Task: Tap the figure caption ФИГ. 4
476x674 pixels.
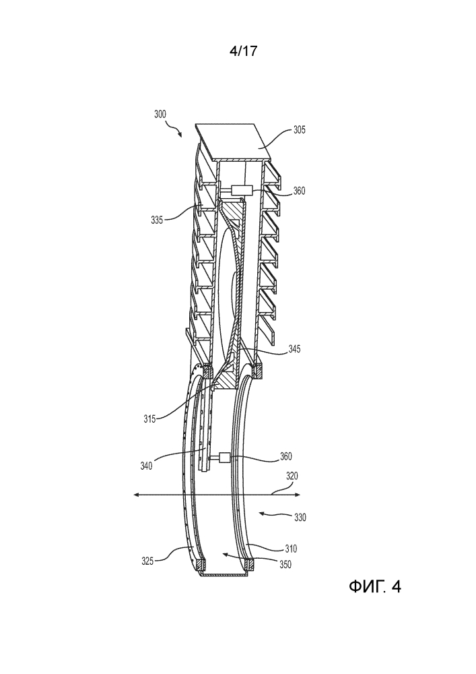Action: coord(374,587)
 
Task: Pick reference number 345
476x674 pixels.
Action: coord(293,349)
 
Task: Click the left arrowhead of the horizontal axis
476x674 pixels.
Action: coord(137,495)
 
